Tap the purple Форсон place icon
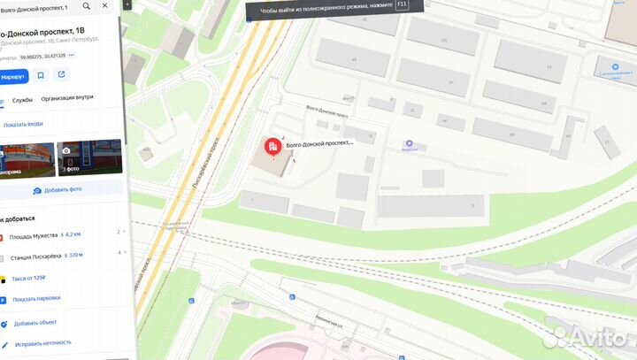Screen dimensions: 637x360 pyautogui.click(x=409, y=143)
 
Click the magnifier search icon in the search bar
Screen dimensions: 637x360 pyautogui.click(x=86, y=7)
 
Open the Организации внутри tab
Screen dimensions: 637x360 pyautogui.click(x=67, y=100)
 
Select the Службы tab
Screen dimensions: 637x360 pyautogui.click(x=23, y=100)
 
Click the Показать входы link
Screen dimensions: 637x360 pyautogui.click(x=23, y=124)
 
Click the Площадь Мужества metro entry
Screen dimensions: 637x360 pyautogui.click(x=33, y=234)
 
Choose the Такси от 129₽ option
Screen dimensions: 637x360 pyautogui.click(x=29, y=278)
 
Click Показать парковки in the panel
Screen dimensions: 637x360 pyautogui.click(x=36, y=300)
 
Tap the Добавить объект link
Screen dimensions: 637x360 pyautogui.click(x=35, y=323)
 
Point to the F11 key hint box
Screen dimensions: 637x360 pyautogui.click(x=403, y=4)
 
